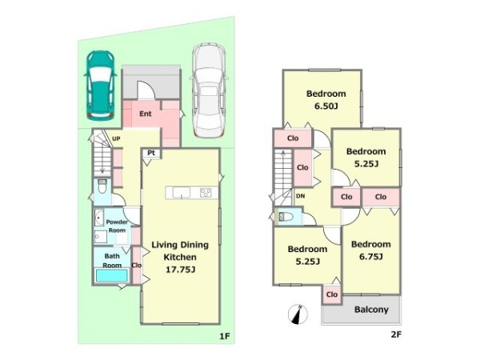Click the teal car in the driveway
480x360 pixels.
pyautogui.click(x=101, y=86)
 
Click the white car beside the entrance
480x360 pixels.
pyautogui.click(x=209, y=90)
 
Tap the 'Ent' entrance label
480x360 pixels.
pyautogui.click(x=146, y=114)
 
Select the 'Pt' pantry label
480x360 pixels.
pyautogui.click(x=151, y=153)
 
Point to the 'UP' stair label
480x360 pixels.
pyautogui.click(x=116, y=138)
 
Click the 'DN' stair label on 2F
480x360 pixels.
pyautogui.click(x=301, y=196)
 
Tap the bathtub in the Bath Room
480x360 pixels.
pyautogui.click(x=112, y=275)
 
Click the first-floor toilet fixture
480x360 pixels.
pyautogui.click(x=102, y=186)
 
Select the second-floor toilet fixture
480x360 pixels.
pyautogui.click(x=285, y=217)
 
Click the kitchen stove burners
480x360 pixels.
pyautogui.click(x=206, y=193)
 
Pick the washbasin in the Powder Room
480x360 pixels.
pyautogui.click(x=98, y=218)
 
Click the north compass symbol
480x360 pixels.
pyautogui.click(x=298, y=314)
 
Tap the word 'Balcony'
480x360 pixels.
pyautogui.click(x=371, y=310)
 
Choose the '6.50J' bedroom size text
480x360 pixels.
pyautogui.click(x=326, y=106)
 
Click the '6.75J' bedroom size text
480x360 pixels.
pyautogui.click(x=371, y=257)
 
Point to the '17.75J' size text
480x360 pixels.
pyautogui.click(x=180, y=270)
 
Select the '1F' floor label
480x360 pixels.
pyautogui.click(x=224, y=337)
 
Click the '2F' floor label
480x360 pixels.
pyautogui.click(x=396, y=334)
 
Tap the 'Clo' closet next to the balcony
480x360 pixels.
pyautogui.click(x=332, y=294)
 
